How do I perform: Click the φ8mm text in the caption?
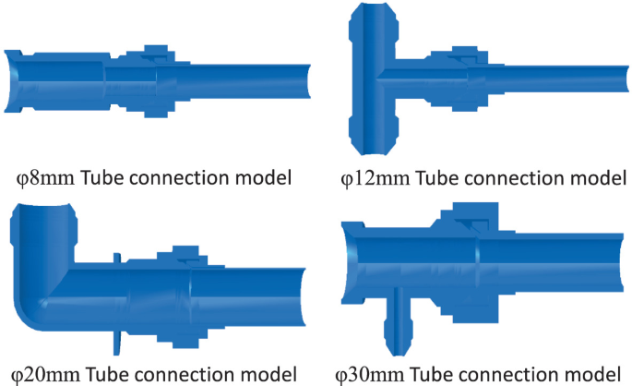[x=47, y=176]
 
